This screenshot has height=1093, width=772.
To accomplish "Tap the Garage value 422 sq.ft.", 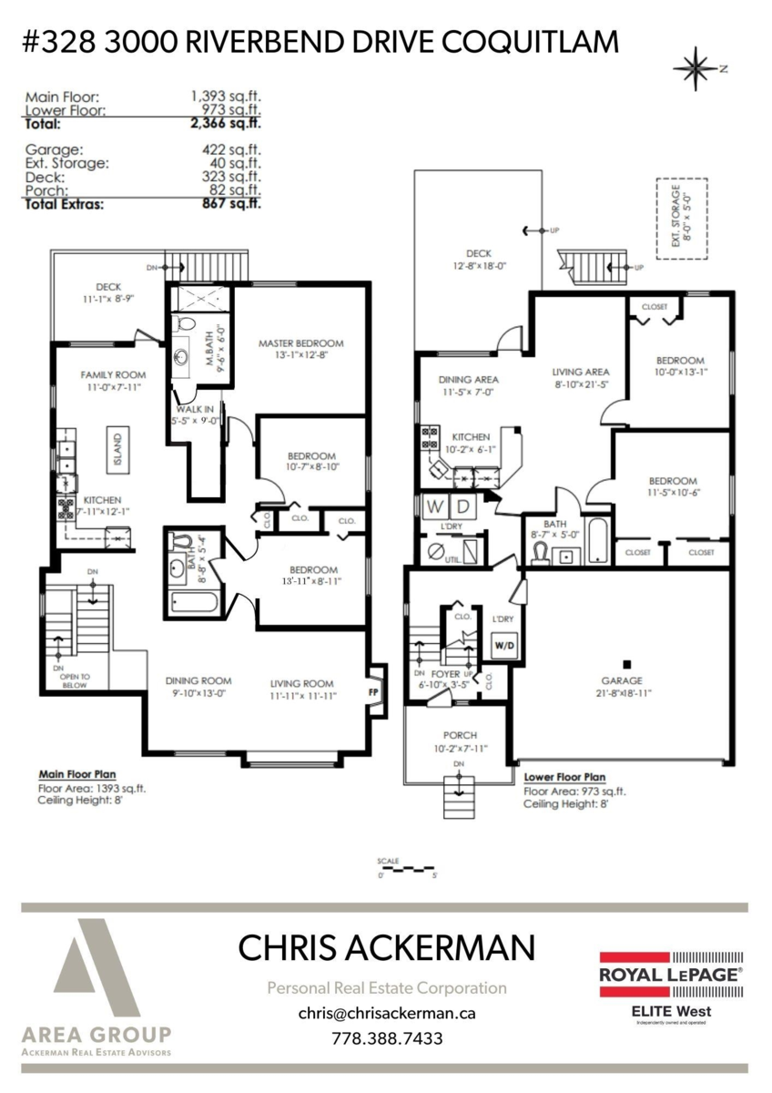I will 231,149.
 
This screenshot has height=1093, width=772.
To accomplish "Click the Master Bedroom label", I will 300,343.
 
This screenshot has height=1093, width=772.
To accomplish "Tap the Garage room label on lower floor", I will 622,680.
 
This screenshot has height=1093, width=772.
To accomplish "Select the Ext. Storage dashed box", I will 681,219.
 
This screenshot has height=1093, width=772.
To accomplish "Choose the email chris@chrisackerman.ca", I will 386,1013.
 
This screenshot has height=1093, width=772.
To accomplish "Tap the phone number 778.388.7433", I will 386,1038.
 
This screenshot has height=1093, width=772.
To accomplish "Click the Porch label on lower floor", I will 460,735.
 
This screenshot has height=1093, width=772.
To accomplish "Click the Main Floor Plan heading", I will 78,775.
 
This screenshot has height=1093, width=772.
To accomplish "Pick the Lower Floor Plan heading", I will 564,778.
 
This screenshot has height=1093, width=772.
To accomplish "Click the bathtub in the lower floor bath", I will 596,542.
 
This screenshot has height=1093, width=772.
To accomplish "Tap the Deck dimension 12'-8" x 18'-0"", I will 479,267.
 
